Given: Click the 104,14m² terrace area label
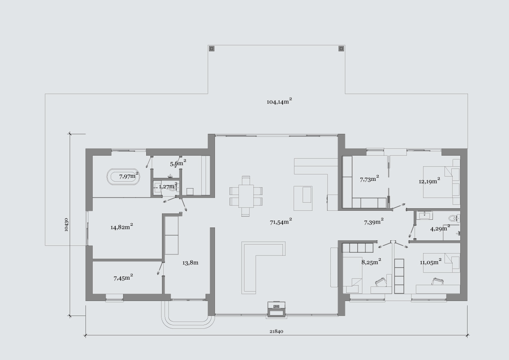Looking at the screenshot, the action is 279,101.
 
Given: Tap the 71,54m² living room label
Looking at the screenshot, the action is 281,222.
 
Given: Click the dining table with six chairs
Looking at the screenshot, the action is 246,196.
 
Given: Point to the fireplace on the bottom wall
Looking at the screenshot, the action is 277,308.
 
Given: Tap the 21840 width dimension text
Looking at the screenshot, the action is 276,331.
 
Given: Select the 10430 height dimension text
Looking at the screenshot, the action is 66,224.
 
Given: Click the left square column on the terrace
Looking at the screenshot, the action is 212,49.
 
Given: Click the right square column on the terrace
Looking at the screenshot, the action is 341,49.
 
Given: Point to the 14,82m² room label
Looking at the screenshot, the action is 122,227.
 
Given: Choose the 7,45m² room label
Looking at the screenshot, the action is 124,277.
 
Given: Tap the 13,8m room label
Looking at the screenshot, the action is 190,263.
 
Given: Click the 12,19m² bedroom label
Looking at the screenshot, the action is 430,181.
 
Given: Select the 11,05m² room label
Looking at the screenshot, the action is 430,262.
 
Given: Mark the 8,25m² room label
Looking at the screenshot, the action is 371,262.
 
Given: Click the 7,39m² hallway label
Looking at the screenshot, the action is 374,222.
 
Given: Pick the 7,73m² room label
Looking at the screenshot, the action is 370,179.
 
